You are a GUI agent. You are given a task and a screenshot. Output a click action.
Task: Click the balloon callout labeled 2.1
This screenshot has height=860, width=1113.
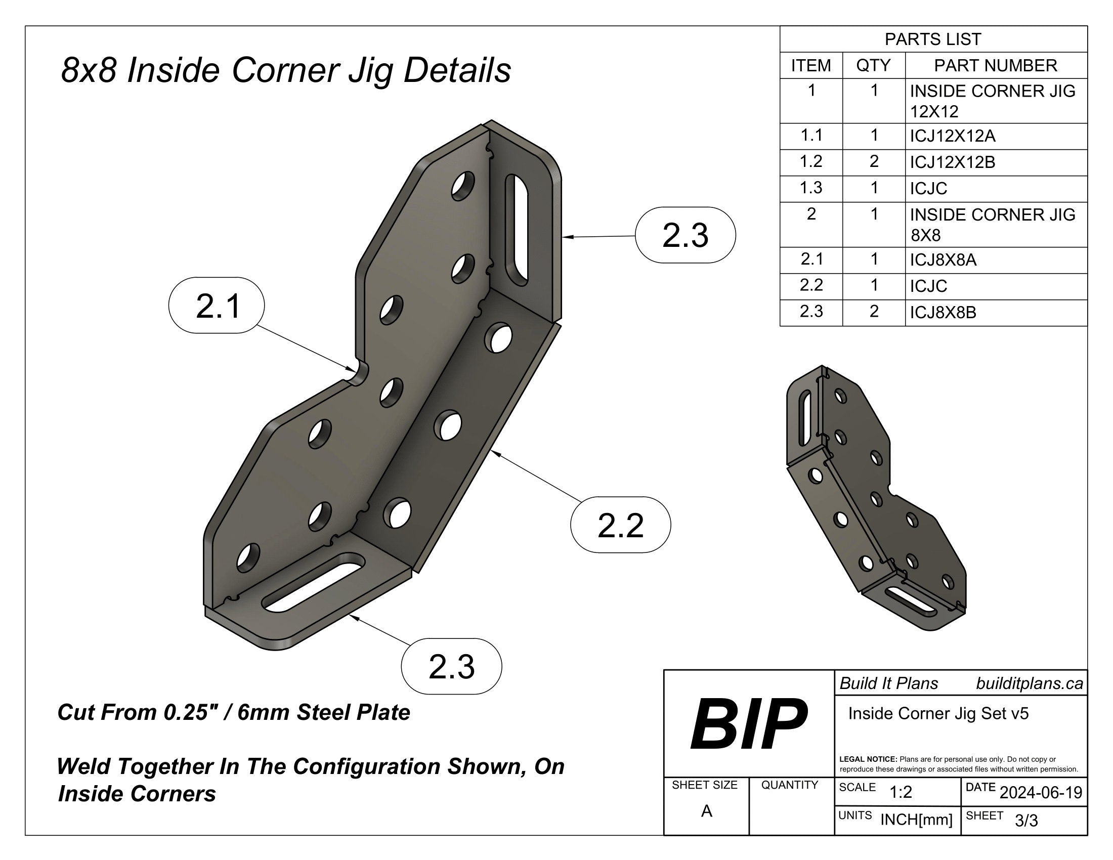tap(217, 306)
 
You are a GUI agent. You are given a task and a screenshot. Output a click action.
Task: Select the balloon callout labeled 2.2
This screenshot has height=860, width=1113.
tap(620, 525)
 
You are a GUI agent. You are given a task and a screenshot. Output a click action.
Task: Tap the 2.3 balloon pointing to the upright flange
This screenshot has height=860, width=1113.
tap(685, 235)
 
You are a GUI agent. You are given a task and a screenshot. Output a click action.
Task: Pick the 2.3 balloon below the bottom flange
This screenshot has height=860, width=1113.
tap(451, 666)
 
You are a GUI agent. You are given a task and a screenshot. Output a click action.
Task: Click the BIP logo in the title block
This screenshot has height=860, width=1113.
tap(748, 724)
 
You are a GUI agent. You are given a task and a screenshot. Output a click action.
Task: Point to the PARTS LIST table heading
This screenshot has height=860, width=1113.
tap(932, 39)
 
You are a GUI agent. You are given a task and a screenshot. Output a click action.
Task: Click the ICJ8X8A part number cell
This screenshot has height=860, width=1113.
tap(944, 261)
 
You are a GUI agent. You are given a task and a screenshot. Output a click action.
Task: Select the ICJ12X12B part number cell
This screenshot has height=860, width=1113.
tap(953, 162)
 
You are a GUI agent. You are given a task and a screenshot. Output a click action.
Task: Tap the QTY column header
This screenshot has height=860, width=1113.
tap(874, 65)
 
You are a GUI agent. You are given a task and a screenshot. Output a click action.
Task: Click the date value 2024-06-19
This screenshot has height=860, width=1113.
tap(1041, 793)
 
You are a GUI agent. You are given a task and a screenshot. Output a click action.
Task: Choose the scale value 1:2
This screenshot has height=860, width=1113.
tap(901, 792)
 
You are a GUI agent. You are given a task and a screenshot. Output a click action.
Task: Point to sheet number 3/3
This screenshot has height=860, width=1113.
tap(1026, 821)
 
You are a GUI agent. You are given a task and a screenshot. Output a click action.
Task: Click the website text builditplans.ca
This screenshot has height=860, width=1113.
tap(1030, 683)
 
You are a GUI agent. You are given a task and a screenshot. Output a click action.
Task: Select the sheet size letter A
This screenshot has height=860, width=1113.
tap(706, 811)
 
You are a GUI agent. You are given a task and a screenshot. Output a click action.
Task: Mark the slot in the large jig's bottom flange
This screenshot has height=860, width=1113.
tap(313, 581)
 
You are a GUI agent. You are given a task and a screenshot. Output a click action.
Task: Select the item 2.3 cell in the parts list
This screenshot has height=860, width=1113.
tap(811, 311)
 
